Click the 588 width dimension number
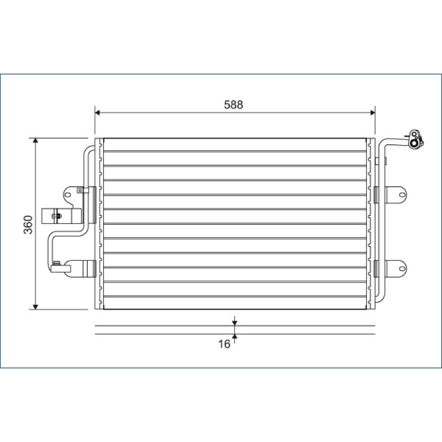(233, 104)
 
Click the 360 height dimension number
(28, 225)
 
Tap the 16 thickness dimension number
(224, 344)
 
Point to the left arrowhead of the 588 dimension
(98, 113)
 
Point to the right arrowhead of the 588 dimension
(372, 113)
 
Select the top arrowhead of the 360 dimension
(35, 141)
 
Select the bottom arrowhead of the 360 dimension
(35, 307)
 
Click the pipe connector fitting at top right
(416, 140)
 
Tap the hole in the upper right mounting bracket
(402, 195)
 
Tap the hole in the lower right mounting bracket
(402, 269)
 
